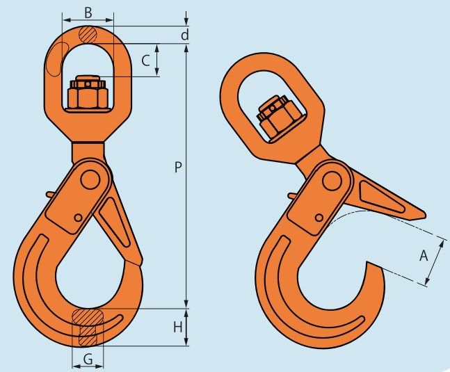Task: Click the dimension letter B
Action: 88,13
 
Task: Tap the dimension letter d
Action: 185,35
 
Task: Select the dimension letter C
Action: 146,60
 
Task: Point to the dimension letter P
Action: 178,167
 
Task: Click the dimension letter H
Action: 178,327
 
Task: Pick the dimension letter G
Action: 88,359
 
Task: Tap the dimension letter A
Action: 424,255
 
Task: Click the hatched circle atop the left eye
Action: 88,35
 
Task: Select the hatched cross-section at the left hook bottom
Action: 88,327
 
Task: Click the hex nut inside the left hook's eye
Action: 88,92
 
